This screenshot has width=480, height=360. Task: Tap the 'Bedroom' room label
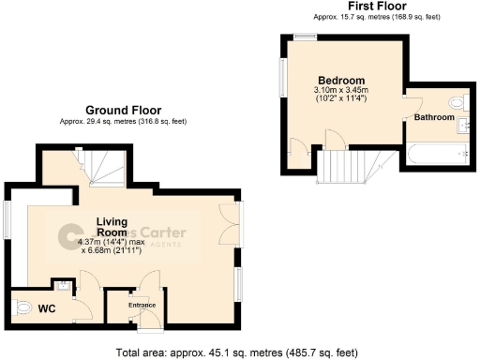click(341, 81)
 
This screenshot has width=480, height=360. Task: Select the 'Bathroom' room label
click(435, 118)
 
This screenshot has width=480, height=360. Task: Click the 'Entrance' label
click(142, 306)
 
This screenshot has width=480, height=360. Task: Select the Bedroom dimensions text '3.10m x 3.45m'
click(341, 91)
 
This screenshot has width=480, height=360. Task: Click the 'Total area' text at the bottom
click(237, 353)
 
